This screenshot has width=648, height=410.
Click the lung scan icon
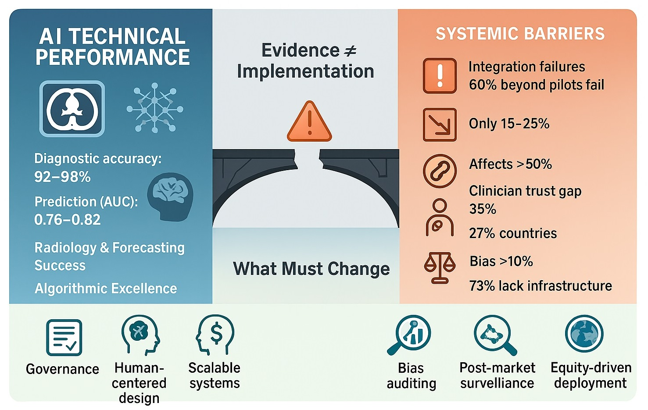click(x=72, y=109)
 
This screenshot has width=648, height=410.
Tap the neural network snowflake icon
click(x=155, y=107)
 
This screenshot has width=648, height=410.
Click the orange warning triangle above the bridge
click(x=309, y=122)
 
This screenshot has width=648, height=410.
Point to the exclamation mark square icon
click(x=440, y=76)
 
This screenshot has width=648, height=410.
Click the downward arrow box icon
click(x=440, y=125)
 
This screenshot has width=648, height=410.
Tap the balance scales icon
click(x=439, y=267)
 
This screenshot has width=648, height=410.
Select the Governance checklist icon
click(x=64, y=337)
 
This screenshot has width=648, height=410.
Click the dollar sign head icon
click(x=215, y=335)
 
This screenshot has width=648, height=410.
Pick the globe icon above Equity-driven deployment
click(x=584, y=334)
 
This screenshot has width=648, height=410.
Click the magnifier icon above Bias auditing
click(x=410, y=335)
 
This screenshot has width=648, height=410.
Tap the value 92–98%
click(x=62, y=177)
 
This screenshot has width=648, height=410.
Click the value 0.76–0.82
click(x=68, y=219)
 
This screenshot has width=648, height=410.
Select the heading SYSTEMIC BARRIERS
click(x=520, y=34)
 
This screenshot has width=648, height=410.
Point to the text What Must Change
click(x=311, y=268)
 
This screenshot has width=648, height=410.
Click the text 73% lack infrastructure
click(x=540, y=286)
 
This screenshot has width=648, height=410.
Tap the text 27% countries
click(x=512, y=233)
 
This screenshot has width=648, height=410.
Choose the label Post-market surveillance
click(x=497, y=375)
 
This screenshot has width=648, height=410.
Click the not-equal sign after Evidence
click(x=350, y=51)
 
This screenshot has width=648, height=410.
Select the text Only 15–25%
click(x=509, y=124)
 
